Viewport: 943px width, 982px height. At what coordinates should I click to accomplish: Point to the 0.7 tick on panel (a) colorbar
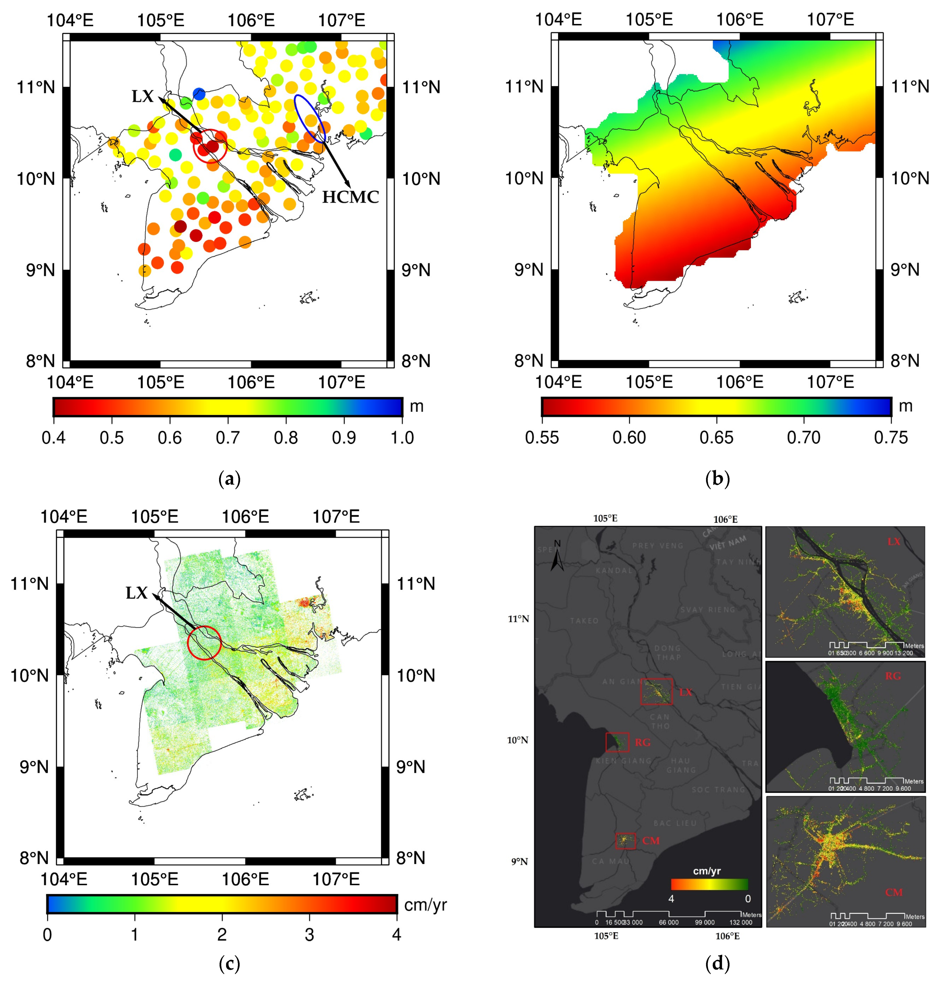pyautogui.click(x=228, y=438)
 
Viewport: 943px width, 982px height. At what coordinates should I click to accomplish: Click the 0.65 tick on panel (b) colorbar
pyautogui.click(x=717, y=438)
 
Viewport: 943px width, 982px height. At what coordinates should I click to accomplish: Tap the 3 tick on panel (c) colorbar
pyautogui.click(x=309, y=935)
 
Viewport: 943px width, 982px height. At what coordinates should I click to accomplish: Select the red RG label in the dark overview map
pyautogui.click(x=643, y=743)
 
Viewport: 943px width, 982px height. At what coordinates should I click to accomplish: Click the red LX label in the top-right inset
pyautogui.click(x=894, y=542)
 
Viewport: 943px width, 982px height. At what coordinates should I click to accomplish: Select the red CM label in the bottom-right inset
pyautogui.click(x=894, y=892)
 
